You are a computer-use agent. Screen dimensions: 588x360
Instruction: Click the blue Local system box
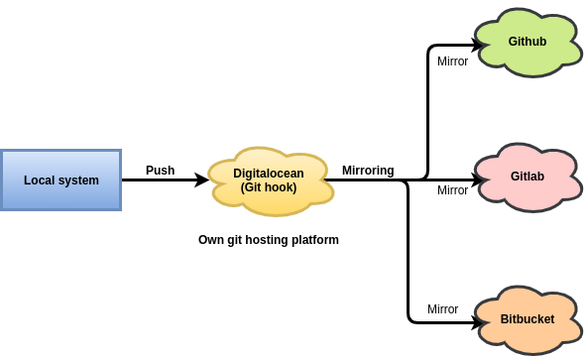tap(60, 180)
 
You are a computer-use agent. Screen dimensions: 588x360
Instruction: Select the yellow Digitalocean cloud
tap(270, 180)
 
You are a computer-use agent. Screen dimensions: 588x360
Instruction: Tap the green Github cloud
tap(528, 42)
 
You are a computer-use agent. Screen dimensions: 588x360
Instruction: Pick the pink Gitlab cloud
tap(528, 177)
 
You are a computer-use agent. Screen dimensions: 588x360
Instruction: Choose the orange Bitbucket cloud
tap(528, 319)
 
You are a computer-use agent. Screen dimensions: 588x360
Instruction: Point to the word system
tap(77, 180)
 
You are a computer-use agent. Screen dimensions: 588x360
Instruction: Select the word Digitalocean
tap(269, 174)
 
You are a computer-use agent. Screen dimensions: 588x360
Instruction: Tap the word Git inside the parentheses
tap(255, 187)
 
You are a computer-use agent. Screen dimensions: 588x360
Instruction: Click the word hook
tap(280, 187)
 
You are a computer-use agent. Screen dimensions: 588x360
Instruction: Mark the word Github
tap(528, 42)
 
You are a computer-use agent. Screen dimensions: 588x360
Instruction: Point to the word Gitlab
tap(528, 177)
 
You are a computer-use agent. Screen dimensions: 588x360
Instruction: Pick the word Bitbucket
tap(528, 319)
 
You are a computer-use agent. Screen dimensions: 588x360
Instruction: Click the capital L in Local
tap(27, 180)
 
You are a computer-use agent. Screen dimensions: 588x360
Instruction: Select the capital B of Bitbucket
tap(505, 319)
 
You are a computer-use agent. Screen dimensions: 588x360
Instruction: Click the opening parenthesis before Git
tap(243, 187)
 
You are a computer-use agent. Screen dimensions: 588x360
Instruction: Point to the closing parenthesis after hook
tap(294, 187)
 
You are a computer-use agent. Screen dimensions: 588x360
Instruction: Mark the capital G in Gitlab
tap(516, 177)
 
